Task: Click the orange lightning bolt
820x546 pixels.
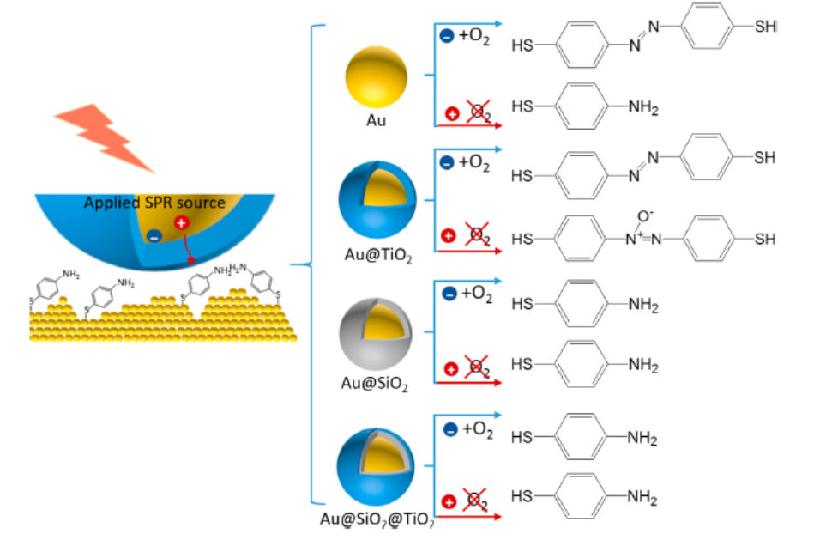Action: click(x=104, y=136)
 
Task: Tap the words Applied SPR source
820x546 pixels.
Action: click(x=154, y=203)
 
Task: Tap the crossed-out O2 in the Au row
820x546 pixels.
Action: click(x=478, y=112)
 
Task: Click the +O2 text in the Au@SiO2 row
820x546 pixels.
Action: click(x=476, y=294)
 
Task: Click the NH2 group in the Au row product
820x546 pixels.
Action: click(x=644, y=107)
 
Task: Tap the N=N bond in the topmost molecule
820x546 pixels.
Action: click(x=643, y=35)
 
